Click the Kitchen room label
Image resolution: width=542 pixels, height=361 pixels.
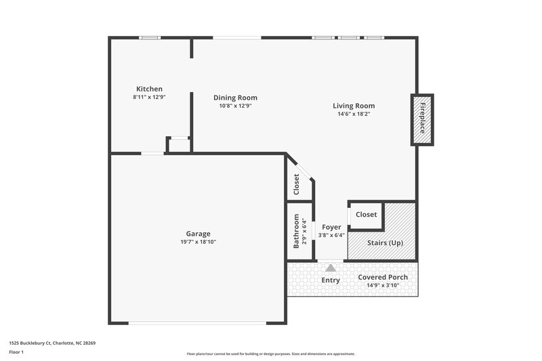pos(149,89)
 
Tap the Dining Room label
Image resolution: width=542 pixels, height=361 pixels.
pos(235,98)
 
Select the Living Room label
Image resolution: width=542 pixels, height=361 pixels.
pos(354,106)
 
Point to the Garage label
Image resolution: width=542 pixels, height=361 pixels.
pos(198,233)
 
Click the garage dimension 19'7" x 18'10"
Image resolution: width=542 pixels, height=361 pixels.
pos(198,242)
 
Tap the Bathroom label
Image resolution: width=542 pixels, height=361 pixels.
pos(296,232)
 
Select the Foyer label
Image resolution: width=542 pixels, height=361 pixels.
pos(331,227)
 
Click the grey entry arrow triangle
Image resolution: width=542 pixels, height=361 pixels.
pos(331,268)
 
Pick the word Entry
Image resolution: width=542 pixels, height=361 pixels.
pos(331,280)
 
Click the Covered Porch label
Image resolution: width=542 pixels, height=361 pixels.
pos(383,278)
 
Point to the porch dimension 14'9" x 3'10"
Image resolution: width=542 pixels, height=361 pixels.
pos(383,286)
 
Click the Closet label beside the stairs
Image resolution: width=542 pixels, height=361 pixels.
pos(366,215)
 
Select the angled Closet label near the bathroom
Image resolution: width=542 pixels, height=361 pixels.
pos(297,184)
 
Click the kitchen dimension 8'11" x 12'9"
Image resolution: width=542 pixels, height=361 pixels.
pos(149,98)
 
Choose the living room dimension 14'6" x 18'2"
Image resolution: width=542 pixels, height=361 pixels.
pos(354,114)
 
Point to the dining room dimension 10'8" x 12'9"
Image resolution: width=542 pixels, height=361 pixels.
pos(235,106)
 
